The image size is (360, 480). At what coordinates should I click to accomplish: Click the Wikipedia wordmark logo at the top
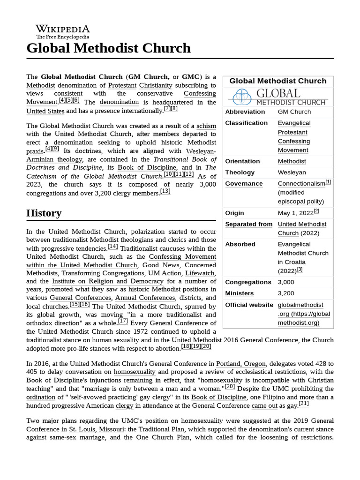[62, 31]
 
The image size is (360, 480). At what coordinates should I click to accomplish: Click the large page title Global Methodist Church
[109, 48]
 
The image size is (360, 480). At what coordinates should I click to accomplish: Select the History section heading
[44, 213]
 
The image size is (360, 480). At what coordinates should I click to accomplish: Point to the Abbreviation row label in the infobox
[245, 112]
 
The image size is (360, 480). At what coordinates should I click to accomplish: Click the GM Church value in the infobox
[294, 112]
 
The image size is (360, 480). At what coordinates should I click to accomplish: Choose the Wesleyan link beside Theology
[292, 172]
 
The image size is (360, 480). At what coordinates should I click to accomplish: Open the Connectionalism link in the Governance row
[301, 184]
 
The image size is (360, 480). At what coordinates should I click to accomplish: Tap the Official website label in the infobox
[249, 305]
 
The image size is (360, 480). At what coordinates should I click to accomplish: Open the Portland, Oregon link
[241, 363]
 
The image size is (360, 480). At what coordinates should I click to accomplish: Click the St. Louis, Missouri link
[97, 429]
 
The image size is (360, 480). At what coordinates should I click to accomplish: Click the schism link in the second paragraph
[206, 126]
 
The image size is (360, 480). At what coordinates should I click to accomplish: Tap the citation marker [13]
[165, 191]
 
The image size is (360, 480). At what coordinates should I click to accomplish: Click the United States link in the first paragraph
[45, 111]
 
